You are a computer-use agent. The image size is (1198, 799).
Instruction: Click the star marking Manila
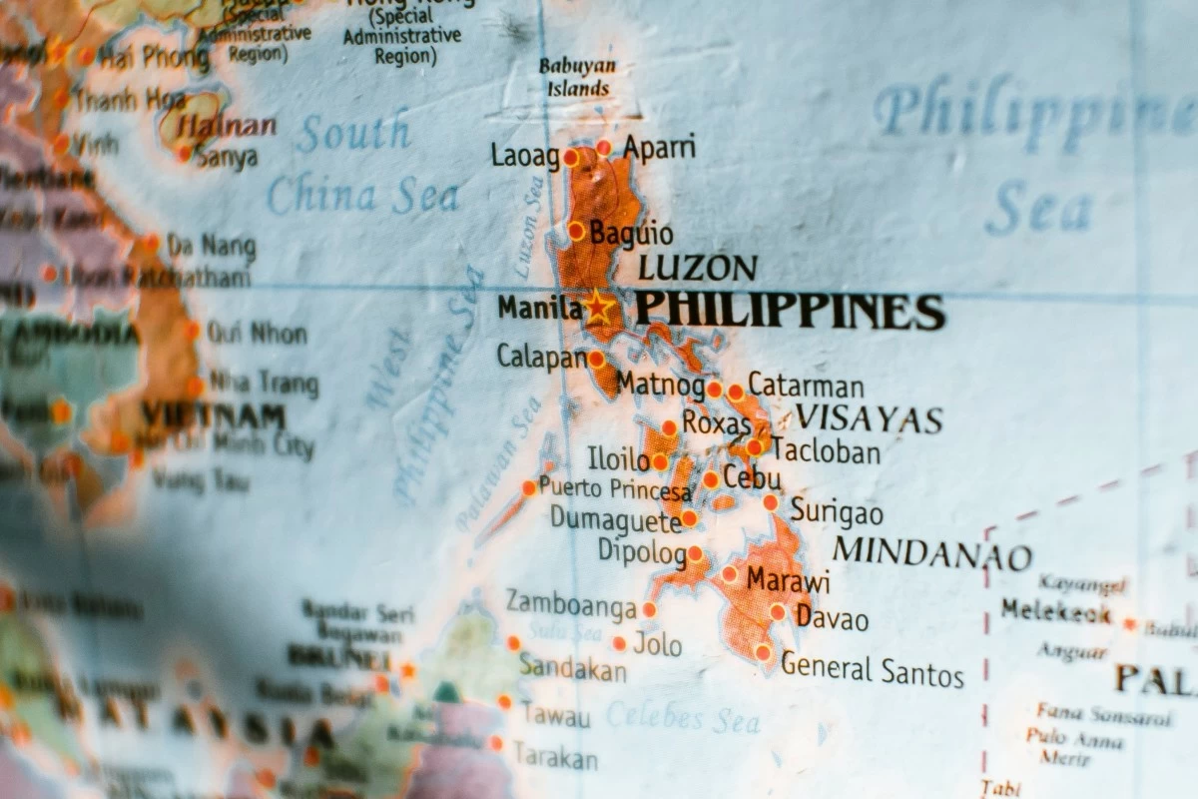[599, 307]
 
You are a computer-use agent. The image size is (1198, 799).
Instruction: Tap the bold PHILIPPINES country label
[790, 311]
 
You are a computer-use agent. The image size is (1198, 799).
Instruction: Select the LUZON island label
[698, 268]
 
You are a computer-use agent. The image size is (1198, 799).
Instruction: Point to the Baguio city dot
[576, 231]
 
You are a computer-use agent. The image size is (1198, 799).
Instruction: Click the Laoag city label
[524, 156]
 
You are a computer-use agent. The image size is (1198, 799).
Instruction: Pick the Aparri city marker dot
[603, 148]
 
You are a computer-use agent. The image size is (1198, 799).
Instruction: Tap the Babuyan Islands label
[578, 77]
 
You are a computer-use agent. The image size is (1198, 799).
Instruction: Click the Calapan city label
[541, 356]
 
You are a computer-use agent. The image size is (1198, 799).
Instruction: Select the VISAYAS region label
[869, 419]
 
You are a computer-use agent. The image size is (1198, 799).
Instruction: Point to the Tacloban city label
[826, 451]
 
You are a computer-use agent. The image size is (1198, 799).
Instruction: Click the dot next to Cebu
[711, 479]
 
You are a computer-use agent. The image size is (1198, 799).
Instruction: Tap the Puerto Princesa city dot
[529, 487]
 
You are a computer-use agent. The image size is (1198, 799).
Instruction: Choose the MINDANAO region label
[932, 553]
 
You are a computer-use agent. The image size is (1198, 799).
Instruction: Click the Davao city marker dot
[778, 611]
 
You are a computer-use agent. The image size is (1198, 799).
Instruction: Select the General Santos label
[873, 669]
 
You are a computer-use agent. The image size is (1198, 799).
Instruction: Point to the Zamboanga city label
[571, 603]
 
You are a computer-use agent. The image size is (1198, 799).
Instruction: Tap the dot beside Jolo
[619, 643]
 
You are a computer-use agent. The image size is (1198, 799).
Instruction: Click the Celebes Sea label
[683, 715]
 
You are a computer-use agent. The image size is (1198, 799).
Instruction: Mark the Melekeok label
[1056, 610]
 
